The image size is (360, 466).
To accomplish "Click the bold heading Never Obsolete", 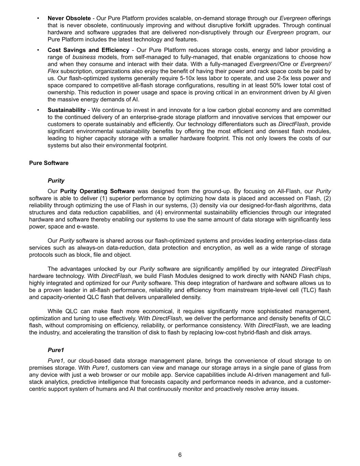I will (69, 18).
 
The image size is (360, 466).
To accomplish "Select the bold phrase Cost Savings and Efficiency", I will (88, 50).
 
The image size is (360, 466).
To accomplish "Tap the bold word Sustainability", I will (67, 110).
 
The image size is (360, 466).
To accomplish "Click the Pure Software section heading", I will (49, 163).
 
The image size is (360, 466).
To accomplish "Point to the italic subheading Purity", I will (56, 181).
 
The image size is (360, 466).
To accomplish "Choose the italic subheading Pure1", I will (56, 350).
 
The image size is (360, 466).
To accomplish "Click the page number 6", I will (180, 455).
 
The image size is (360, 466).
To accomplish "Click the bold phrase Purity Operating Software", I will (97, 191).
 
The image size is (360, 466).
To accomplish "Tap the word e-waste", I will (88, 227).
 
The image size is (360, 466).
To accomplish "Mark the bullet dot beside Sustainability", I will (38, 110).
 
